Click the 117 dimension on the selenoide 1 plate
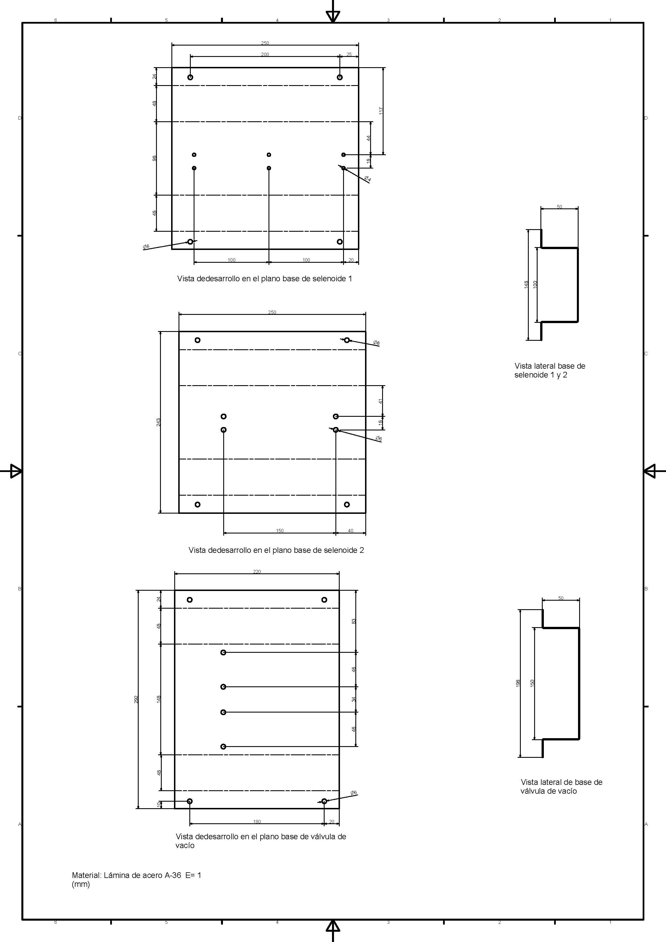coord(381,111)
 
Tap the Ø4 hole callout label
coord(367,179)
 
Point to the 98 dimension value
coord(155,158)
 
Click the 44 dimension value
coord(368,138)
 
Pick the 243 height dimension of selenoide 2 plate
coord(158,422)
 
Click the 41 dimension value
coord(380,401)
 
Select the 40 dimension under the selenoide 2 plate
coord(351,530)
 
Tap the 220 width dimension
coord(257,572)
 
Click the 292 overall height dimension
coord(136,699)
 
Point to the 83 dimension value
coord(354,621)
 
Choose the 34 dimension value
coord(354,699)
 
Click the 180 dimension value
coord(257,821)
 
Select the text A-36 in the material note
coord(173,875)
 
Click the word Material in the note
coord(86,875)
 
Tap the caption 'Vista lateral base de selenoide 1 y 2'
coord(550,370)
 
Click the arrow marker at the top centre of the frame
coord(333,16)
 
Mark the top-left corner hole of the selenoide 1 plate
coord(190,77)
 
